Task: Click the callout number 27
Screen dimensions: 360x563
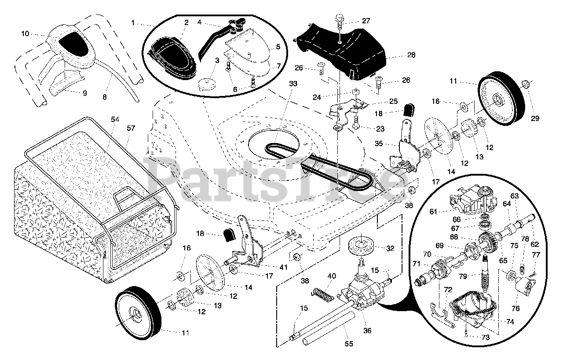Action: [366, 21]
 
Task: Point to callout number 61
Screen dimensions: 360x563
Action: [434, 212]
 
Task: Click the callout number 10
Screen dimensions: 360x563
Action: [25, 33]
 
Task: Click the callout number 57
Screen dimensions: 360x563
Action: [131, 129]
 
